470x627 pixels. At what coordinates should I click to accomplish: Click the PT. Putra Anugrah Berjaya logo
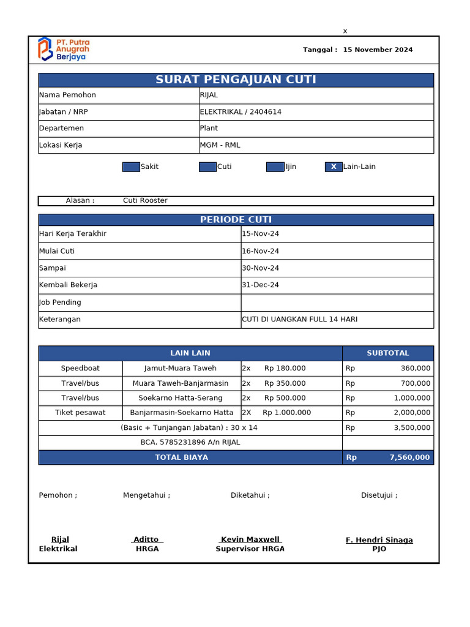63,49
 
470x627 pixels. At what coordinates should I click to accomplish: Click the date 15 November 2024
378,50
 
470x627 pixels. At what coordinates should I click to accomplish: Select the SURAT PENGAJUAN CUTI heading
236,80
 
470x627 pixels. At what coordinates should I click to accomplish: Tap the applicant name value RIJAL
209,95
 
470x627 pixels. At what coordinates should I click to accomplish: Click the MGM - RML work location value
220,145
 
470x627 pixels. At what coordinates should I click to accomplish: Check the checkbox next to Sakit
131,167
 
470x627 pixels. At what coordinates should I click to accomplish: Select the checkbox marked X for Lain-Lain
334,167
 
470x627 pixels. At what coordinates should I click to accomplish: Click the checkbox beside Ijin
275,167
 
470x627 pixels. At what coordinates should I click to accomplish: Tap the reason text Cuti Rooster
145,200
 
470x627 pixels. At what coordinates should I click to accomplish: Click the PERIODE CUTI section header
236,220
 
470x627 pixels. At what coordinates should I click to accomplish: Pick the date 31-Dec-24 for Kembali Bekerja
260,285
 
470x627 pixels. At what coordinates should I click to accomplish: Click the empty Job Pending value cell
337,302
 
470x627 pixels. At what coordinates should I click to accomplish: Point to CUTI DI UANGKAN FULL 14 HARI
299,319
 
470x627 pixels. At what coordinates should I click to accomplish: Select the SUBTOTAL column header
387,353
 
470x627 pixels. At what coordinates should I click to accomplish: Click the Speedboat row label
80,368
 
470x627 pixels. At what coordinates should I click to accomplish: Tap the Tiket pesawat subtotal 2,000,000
411,413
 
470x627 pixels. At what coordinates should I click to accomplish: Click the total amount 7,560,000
409,457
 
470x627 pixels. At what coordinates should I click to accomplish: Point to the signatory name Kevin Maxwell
250,539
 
